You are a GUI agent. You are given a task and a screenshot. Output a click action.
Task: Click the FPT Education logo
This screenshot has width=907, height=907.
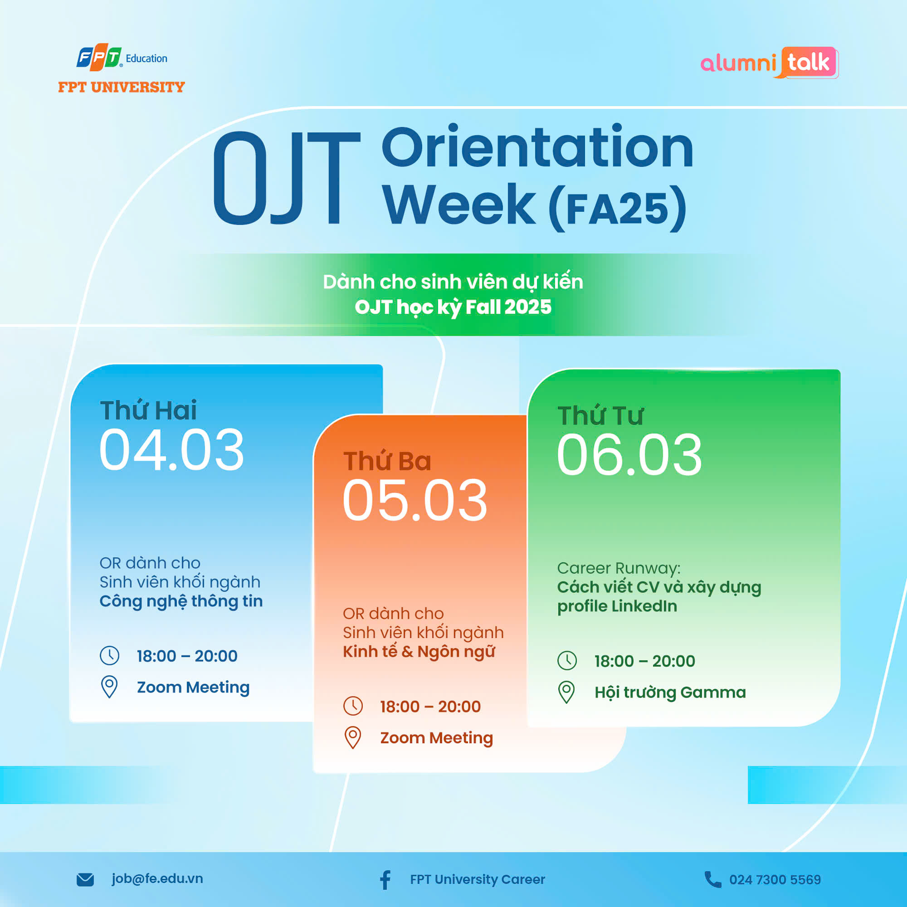point(122,68)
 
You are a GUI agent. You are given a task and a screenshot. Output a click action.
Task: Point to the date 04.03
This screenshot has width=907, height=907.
point(172,450)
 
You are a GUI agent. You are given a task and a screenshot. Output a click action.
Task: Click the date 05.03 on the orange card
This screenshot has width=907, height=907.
point(415,501)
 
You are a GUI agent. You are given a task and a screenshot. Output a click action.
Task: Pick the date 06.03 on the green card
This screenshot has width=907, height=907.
point(629,455)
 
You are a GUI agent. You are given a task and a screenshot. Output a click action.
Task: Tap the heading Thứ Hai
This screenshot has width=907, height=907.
point(148,410)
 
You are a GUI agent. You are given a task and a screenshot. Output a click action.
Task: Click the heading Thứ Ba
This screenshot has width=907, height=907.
point(387,461)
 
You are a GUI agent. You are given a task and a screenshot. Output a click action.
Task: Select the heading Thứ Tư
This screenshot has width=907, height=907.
point(600,415)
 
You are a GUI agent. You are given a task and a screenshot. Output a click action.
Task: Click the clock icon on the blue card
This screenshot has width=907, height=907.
point(110,655)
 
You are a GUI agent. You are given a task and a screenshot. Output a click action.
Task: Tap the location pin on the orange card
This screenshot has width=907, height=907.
point(353,737)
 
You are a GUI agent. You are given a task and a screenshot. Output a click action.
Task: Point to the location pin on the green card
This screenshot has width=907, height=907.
point(566,692)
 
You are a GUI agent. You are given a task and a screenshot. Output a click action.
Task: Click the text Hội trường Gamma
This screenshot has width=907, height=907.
point(670,692)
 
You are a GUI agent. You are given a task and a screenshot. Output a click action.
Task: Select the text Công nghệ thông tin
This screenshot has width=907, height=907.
point(181,601)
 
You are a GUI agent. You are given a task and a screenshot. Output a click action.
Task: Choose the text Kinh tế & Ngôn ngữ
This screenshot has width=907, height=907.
point(419,652)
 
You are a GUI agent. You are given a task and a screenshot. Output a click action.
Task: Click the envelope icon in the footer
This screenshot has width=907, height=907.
point(85,880)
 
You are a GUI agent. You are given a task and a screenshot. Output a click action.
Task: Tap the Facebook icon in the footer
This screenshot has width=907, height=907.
point(385,880)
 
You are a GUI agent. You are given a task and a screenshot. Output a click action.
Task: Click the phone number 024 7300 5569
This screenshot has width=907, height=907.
point(775,880)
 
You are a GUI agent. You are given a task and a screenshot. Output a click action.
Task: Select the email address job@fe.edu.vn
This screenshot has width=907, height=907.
point(157,879)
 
